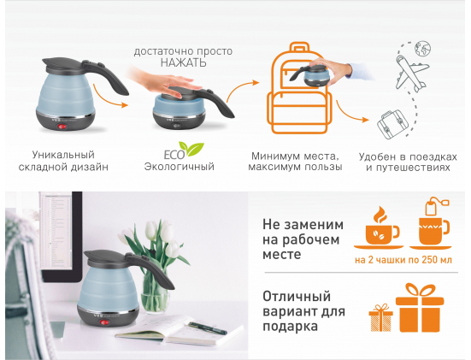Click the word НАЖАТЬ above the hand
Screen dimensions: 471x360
[x=183, y=62]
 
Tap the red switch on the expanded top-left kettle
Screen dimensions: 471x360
[x=62, y=127]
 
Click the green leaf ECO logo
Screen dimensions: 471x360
[x=184, y=150]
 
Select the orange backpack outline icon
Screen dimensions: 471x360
[x=299, y=88]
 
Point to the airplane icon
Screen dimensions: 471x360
[x=411, y=74]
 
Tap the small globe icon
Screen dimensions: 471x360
[x=422, y=49]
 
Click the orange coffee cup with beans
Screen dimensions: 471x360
[x=379, y=227]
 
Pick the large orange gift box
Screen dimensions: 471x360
[x=420, y=308]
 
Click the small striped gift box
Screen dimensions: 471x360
[x=381, y=318]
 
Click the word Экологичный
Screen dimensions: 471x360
[x=180, y=167]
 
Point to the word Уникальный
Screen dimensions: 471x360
[x=63, y=155]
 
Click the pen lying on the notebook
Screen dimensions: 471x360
[x=208, y=328]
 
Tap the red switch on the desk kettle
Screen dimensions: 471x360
[x=104, y=323]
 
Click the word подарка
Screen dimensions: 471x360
[x=290, y=327]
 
